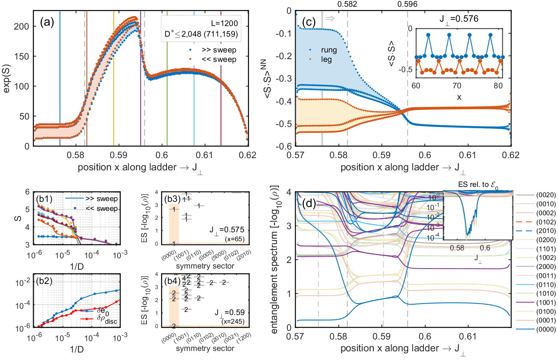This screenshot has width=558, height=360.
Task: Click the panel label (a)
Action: tap(47, 22)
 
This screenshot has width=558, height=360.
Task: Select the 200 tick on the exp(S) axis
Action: tap(21, 26)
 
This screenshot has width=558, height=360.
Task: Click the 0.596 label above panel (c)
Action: tap(407, 4)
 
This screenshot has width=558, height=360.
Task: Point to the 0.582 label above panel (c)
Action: tap(347, 4)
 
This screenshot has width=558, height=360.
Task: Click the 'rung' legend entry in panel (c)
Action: tap(329, 50)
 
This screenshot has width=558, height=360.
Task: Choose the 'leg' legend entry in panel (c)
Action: tap(326, 60)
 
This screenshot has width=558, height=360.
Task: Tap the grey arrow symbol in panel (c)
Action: tap(330, 18)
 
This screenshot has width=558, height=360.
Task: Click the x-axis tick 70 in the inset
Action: tap(457, 86)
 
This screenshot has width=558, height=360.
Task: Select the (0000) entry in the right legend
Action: tap(546, 329)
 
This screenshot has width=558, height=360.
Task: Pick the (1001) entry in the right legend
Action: tap(546, 302)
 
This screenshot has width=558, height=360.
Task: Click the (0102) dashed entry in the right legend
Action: tap(546, 222)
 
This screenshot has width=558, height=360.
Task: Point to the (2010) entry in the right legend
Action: tap(546, 231)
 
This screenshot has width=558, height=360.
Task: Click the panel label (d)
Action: tap(309, 203)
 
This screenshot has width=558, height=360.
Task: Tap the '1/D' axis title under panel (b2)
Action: tap(77, 349)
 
